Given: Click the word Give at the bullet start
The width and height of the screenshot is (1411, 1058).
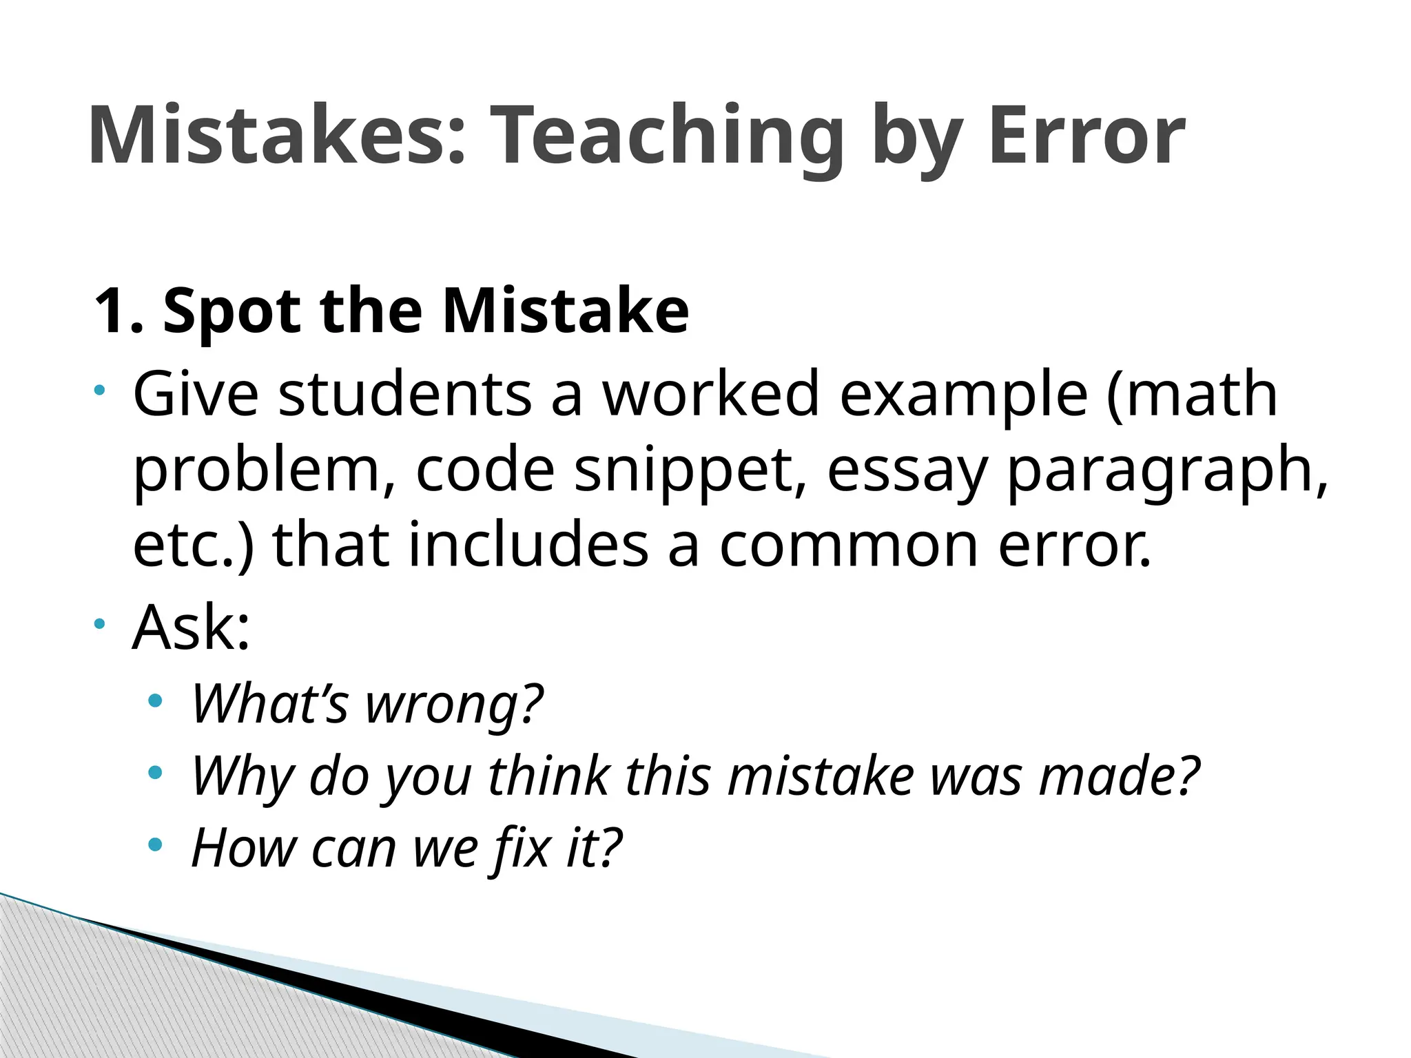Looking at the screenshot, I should [196, 394].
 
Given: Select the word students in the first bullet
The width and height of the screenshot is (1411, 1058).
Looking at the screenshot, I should [405, 394].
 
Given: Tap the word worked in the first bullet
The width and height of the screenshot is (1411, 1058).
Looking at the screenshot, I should [712, 394].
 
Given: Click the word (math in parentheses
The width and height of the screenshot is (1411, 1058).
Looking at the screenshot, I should [1191, 394].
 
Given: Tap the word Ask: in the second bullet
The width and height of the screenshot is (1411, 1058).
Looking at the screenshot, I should [191, 627].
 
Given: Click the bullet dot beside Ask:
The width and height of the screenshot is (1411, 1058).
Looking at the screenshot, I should [101, 624].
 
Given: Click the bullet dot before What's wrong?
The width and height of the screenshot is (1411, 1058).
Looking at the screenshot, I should [155, 701].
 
